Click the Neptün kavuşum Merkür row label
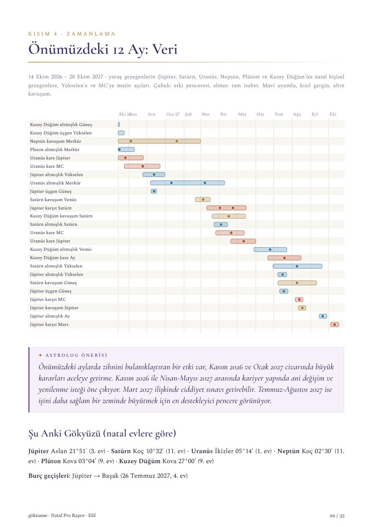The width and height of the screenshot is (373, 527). pyautogui.click(x=56, y=141)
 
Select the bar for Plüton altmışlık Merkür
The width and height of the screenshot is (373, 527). pyautogui.click(x=126, y=149)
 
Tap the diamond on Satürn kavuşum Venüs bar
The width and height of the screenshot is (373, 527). pyautogui.click(x=203, y=199)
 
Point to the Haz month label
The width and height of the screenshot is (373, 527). pyautogui.click(x=260, y=114)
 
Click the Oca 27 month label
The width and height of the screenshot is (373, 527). pyautogui.click(x=173, y=114)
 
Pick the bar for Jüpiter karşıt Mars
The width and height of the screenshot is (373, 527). pyautogui.click(x=335, y=325)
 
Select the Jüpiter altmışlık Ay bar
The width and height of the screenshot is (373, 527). pyautogui.click(x=323, y=316)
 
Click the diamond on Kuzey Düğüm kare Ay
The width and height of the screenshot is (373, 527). pyautogui.click(x=284, y=258)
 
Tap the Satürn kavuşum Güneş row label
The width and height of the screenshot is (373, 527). pyautogui.click(x=53, y=282)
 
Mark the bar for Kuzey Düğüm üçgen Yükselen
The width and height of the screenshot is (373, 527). pyautogui.click(x=121, y=133)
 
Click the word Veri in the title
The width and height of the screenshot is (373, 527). pyautogui.click(x=165, y=49)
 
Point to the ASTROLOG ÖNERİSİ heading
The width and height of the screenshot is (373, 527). pyautogui.click(x=76, y=355)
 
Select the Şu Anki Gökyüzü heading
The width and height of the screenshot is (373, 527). pyautogui.click(x=102, y=434)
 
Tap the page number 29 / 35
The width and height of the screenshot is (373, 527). pyautogui.click(x=337, y=516)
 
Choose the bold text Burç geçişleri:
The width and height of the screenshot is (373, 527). pyautogui.click(x=49, y=476)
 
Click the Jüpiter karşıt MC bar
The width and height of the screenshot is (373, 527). pyautogui.click(x=299, y=300)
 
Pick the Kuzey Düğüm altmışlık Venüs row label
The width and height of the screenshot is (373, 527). pyautogui.click(x=61, y=249)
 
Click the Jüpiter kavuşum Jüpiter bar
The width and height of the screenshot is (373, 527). pyautogui.click(x=302, y=308)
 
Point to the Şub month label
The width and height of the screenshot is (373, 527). pyautogui.click(x=188, y=114)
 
